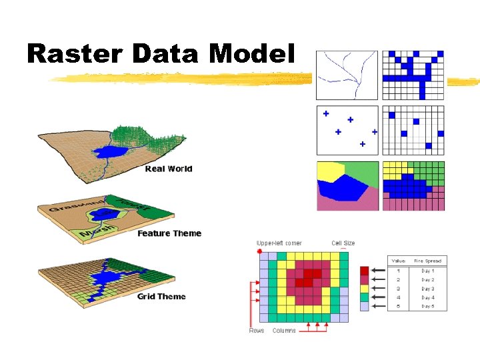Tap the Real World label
point(169,169)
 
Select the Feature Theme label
point(169,233)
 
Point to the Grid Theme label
point(161,296)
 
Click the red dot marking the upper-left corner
point(259,251)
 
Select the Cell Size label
point(343,243)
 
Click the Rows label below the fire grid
point(257,331)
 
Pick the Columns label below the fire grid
point(284,331)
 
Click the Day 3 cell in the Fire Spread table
point(427,289)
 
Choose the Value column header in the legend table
point(398,261)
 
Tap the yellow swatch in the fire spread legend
point(363,289)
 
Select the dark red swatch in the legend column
point(363,271)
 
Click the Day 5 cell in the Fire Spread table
point(427,306)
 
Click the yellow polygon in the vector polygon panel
point(327,171)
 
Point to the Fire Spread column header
point(427,261)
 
